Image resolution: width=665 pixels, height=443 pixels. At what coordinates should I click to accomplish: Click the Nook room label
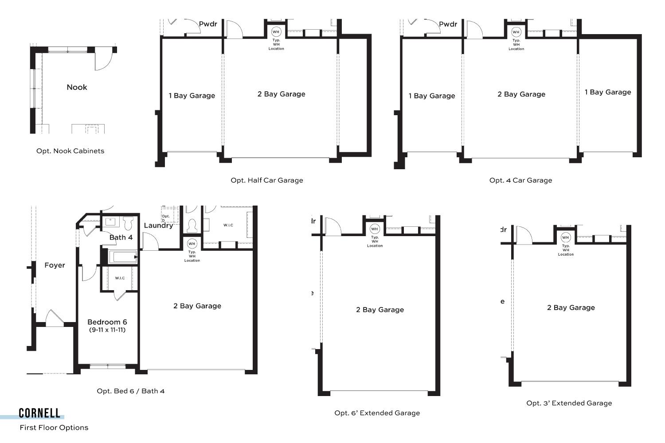click(x=77, y=87)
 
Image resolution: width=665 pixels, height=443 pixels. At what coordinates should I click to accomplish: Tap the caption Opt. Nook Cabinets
click(x=70, y=151)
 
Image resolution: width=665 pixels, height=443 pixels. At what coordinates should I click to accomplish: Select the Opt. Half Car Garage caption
click(x=266, y=180)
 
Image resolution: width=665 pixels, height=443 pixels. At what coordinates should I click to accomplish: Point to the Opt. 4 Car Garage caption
click(x=520, y=180)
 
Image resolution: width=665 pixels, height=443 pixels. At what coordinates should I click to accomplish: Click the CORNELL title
click(x=39, y=413)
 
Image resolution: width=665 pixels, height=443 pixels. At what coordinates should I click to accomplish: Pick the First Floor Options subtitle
click(x=54, y=427)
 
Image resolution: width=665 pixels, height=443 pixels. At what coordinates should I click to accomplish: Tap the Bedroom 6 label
click(x=107, y=322)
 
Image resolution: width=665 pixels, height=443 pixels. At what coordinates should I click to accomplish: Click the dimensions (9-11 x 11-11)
click(x=107, y=330)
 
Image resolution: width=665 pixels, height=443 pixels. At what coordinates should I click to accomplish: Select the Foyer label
click(x=55, y=265)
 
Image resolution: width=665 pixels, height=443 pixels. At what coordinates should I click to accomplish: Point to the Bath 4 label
click(x=121, y=237)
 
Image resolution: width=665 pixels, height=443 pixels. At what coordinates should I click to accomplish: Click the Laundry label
click(x=158, y=225)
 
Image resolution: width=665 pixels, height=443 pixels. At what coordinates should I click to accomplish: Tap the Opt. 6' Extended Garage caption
click(x=377, y=413)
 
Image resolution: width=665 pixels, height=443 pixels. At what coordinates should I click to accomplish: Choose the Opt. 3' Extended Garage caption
click(x=569, y=403)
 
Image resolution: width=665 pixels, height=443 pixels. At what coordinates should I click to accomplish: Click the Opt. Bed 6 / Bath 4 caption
click(x=131, y=391)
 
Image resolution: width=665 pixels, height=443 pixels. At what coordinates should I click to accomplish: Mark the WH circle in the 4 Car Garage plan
click(x=516, y=32)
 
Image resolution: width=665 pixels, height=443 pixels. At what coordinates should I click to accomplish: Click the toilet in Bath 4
click(x=128, y=223)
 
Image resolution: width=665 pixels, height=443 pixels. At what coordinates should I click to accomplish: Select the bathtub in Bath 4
click(x=123, y=257)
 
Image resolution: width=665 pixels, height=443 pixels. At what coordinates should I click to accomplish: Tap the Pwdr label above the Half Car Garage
click(x=208, y=24)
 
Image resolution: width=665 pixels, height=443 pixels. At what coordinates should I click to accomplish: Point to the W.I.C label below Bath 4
click(x=120, y=278)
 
